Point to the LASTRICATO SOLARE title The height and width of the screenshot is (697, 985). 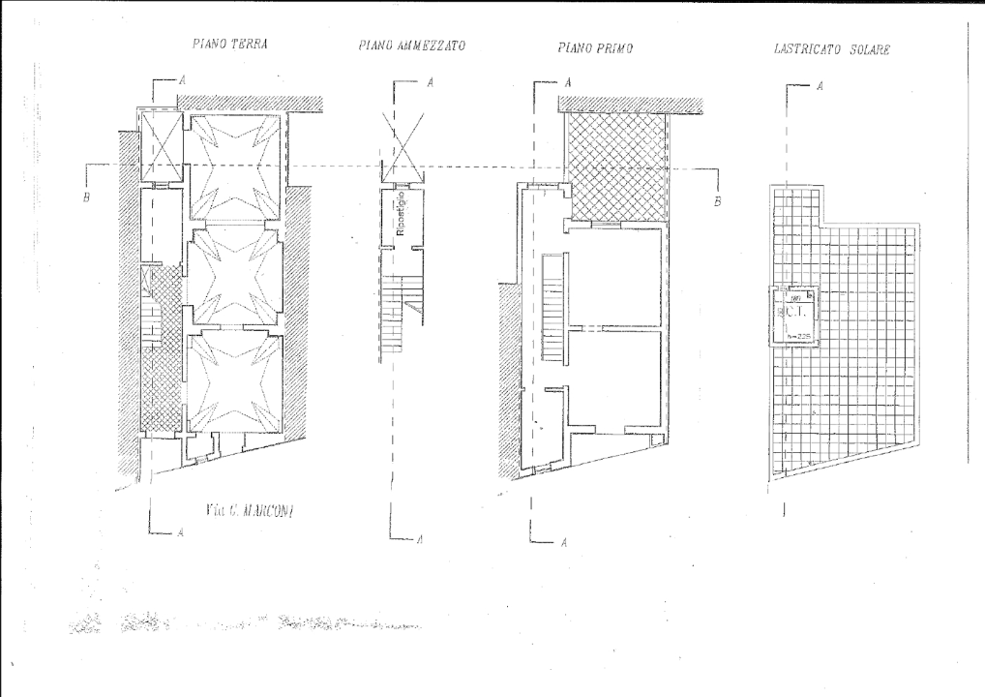pos(832,47)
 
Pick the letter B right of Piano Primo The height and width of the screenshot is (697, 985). pos(717,202)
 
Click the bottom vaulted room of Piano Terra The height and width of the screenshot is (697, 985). pos(234,382)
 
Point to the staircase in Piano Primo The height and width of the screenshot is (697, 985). pos(552,308)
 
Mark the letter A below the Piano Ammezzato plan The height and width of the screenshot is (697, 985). pos(419,539)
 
